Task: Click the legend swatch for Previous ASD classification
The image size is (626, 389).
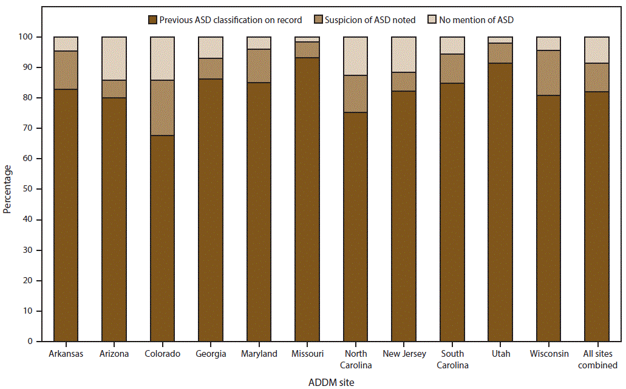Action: point(152,20)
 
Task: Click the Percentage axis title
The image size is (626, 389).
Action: point(7,189)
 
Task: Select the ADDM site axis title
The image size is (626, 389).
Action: point(330,382)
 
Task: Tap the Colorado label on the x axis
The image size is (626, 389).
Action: point(162,354)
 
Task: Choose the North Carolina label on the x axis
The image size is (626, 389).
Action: point(356,359)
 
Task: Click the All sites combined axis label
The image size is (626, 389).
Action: point(597,359)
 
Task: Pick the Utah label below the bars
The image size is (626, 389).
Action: point(500,354)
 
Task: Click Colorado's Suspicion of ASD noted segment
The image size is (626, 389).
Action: point(162,108)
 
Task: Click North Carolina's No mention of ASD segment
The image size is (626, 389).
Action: point(356,56)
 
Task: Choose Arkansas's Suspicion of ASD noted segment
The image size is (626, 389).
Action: point(66,70)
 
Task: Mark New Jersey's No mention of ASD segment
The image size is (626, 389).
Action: point(404,55)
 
